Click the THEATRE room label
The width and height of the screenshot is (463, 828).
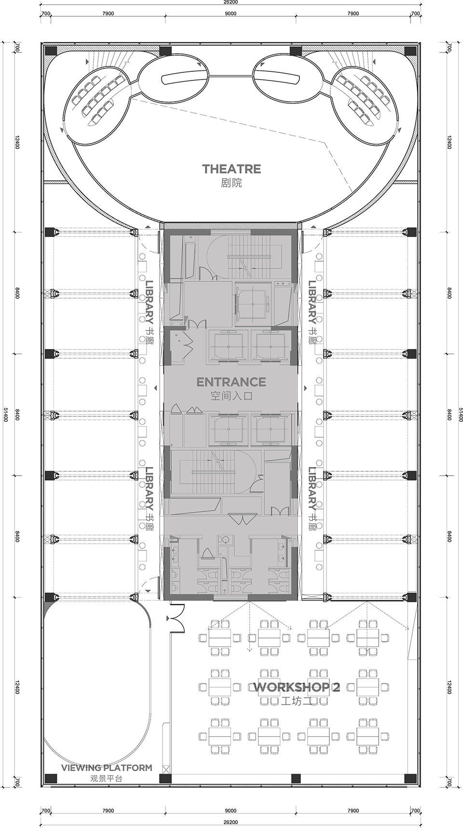point(231,169)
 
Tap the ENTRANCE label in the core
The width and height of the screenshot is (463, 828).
point(231,382)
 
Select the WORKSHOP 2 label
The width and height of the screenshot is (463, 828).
point(297,687)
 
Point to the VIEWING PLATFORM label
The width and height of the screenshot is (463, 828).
point(107,768)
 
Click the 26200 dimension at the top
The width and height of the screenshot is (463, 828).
point(231,2)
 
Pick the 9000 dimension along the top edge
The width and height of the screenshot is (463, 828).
point(231,13)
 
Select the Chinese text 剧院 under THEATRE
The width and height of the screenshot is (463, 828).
point(231,183)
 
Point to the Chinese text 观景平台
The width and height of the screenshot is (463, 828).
point(107,778)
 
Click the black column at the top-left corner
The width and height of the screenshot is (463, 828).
point(51,51)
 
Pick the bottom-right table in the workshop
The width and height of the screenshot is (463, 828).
point(368,736)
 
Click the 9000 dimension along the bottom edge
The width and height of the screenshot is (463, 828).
point(231,811)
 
